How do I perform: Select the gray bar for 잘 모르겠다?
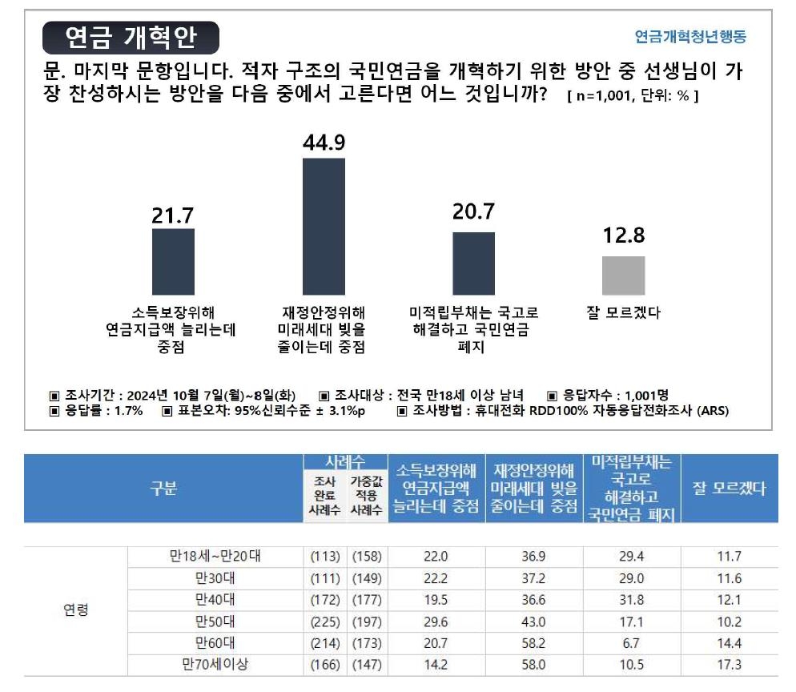pos(623,276)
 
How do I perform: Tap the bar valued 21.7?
pos(173,262)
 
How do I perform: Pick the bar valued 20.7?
pos(473,264)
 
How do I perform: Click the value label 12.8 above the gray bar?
pos(623,236)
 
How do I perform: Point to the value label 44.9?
pos(324,142)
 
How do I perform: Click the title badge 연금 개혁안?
pos(131,37)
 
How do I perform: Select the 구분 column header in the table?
pos(163,489)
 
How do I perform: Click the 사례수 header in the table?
pos(345,461)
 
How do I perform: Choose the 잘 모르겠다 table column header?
pos(729,489)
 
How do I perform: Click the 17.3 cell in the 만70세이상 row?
pos(729,664)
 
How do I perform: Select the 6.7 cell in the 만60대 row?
pos(632,643)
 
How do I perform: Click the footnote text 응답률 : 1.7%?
pos(96,411)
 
